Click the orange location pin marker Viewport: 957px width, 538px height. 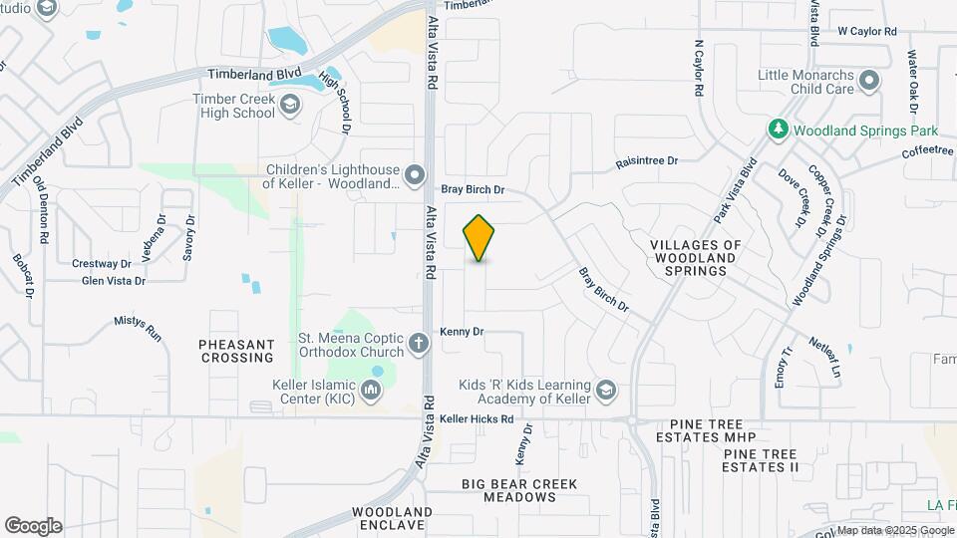click(x=479, y=238)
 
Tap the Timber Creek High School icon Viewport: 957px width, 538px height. click(x=290, y=106)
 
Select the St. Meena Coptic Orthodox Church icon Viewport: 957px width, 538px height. click(x=420, y=346)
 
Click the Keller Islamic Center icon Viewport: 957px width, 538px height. click(x=372, y=391)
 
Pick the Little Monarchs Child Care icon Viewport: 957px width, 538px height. click(x=869, y=81)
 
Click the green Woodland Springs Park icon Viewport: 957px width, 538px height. click(x=778, y=130)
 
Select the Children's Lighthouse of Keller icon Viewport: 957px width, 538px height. click(x=415, y=176)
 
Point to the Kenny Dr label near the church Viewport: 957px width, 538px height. click(x=462, y=331)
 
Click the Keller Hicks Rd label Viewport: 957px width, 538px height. click(x=477, y=419)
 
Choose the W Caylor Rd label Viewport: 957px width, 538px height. click(x=867, y=32)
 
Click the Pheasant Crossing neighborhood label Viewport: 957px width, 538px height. click(x=236, y=351)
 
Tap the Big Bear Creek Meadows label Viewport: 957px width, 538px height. click(x=519, y=490)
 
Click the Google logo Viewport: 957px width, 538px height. click(x=33, y=526)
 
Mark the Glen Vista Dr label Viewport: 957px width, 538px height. click(x=114, y=281)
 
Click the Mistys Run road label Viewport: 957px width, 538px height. click(x=138, y=329)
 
